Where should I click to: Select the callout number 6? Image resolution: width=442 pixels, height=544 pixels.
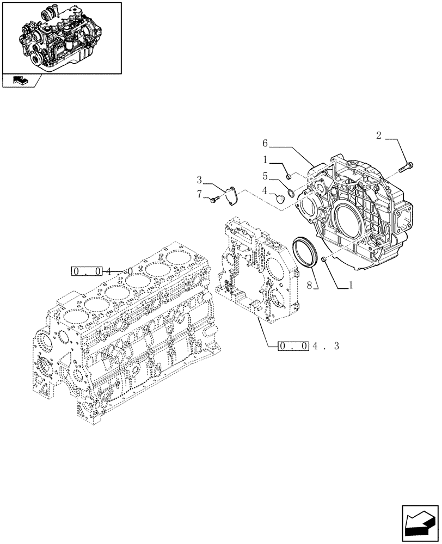pyautogui.click(x=265, y=144)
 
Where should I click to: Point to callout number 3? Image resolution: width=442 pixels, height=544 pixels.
pyautogui.click(x=200, y=180)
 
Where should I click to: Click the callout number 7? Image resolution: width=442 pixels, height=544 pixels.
pyautogui.click(x=200, y=194)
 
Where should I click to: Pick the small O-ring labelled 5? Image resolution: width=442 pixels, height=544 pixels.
pyautogui.click(x=292, y=191)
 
